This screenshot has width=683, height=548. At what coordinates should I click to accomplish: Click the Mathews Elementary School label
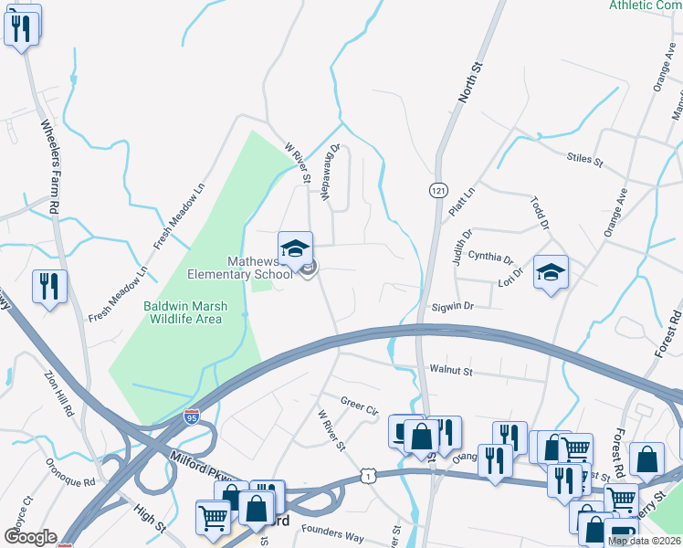click(241, 267)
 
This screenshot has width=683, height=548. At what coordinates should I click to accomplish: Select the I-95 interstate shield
click(192, 417)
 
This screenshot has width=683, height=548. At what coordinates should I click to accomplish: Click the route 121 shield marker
click(438, 189)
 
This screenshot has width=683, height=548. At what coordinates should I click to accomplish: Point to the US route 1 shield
click(367, 475)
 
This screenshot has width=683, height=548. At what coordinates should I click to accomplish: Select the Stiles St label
click(585, 161)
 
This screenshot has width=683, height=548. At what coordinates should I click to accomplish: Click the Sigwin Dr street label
click(453, 307)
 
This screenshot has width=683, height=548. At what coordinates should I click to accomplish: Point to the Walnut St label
click(450, 371)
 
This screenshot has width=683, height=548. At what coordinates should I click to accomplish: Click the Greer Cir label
click(359, 403)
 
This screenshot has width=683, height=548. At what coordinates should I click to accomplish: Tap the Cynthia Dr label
click(490, 258)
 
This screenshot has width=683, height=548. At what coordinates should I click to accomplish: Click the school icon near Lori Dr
click(551, 273)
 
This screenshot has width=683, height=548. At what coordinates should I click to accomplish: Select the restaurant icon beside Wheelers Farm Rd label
click(47, 286)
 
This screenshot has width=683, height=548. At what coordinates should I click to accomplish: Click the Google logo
click(30, 537)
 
